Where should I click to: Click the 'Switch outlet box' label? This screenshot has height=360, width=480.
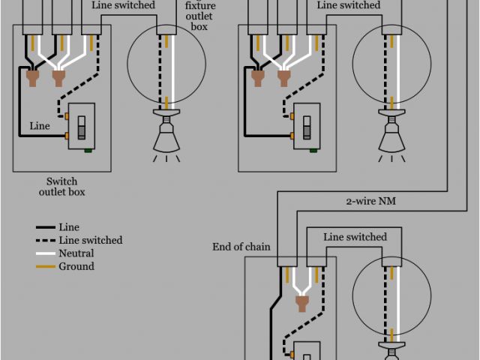coord(61,187)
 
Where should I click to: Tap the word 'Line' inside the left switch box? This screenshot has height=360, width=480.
coord(40,126)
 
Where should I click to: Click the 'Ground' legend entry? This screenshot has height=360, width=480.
coord(76,266)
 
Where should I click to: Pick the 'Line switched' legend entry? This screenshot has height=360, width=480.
coord(90,240)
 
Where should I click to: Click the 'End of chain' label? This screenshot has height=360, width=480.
coord(241,247)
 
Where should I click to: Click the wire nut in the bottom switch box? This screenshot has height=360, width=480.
coord(304,303)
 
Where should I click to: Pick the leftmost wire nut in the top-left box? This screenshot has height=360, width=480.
coord(32,76)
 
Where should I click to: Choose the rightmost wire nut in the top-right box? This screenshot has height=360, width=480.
coord(283,76)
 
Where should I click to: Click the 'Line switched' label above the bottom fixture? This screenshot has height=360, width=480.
coord(355,237)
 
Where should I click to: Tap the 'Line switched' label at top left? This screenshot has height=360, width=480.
coord(124,5)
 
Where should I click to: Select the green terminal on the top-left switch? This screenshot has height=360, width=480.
coord(89,150)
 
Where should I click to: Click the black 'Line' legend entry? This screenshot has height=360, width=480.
coord(67,226)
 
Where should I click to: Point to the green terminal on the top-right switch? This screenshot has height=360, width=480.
coord(314,150)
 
